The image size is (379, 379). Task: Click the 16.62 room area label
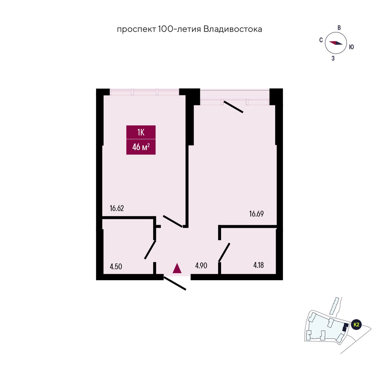coord(117,208)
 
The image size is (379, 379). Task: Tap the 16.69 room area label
coord(256,214)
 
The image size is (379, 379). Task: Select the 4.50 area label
coord(116,267)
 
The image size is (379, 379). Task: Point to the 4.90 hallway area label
coord(201,266)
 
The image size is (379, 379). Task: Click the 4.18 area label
coord(258,265)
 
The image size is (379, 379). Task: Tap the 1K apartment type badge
coord(141,132)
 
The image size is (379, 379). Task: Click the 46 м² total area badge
coord(141,147)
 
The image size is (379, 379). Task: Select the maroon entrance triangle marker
coord(177,268)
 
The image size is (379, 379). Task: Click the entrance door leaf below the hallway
coord(175,283)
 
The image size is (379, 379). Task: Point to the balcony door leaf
coord(233,107)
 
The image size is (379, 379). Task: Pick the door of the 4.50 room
coord(150,250)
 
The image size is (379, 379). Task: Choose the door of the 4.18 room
coord(224,252)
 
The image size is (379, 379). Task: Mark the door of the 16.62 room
coord(173,221)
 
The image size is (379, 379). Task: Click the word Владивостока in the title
coord(233,29)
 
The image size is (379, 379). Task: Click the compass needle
coord(336,43)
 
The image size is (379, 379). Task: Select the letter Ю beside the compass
coord(351,47)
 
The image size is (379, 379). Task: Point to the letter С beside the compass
coord(321,40)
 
